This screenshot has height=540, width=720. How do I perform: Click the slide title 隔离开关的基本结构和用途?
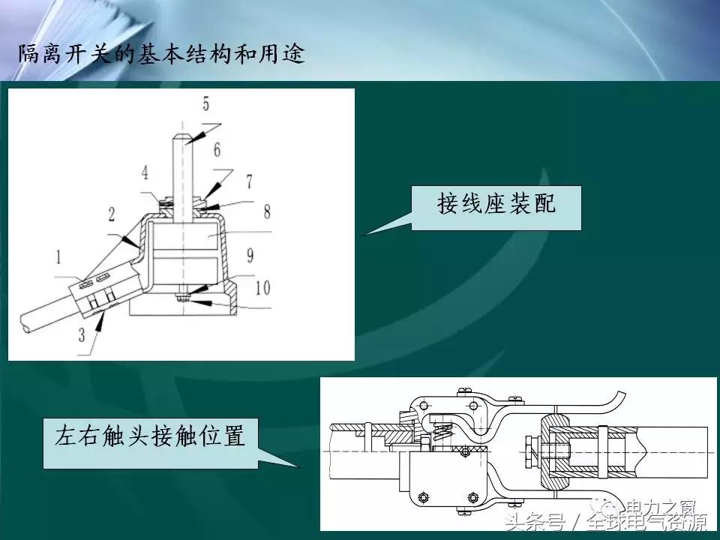pyautogui.click(x=161, y=55)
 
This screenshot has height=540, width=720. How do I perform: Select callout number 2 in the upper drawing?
pyautogui.click(x=111, y=215)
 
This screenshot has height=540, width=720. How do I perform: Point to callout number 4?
pyautogui.click(x=205, y=103)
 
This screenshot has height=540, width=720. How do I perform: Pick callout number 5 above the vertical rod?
pyautogui.click(x=217, y=150)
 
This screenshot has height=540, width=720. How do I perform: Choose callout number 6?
pyautogui.click(x=248, y=181)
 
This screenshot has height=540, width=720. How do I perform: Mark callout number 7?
pyautogui.click(x=266, y=212)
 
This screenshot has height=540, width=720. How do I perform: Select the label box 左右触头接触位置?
pyautogui.click(x=150, y=436)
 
